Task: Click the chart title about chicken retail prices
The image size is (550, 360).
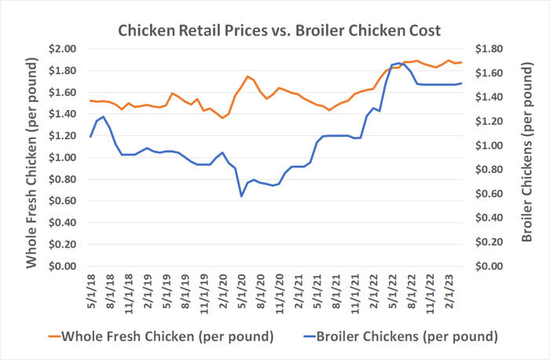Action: click(x=279, y=31)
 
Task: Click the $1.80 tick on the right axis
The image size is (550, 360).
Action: click(x=491, y=49)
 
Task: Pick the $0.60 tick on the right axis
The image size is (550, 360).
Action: click(x=491, y=194)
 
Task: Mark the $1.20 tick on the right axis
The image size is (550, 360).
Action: click(x=491, y=122)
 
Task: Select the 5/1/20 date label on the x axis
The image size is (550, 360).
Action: click(x=242, y=291)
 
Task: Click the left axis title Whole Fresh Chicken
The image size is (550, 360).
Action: click(x=31, y=157)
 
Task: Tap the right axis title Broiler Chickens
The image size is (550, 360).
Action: click(x=524, y=157)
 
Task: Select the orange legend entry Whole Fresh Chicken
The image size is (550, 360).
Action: click(x=160, y=336)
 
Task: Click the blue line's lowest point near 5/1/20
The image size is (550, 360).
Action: click(x=241, y=196)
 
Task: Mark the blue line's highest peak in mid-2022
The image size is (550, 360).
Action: click(x=398, y=63)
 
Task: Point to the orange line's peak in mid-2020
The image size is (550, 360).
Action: click(x=247, y=76)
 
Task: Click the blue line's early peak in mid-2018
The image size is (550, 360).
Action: click(x=103, y=116)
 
